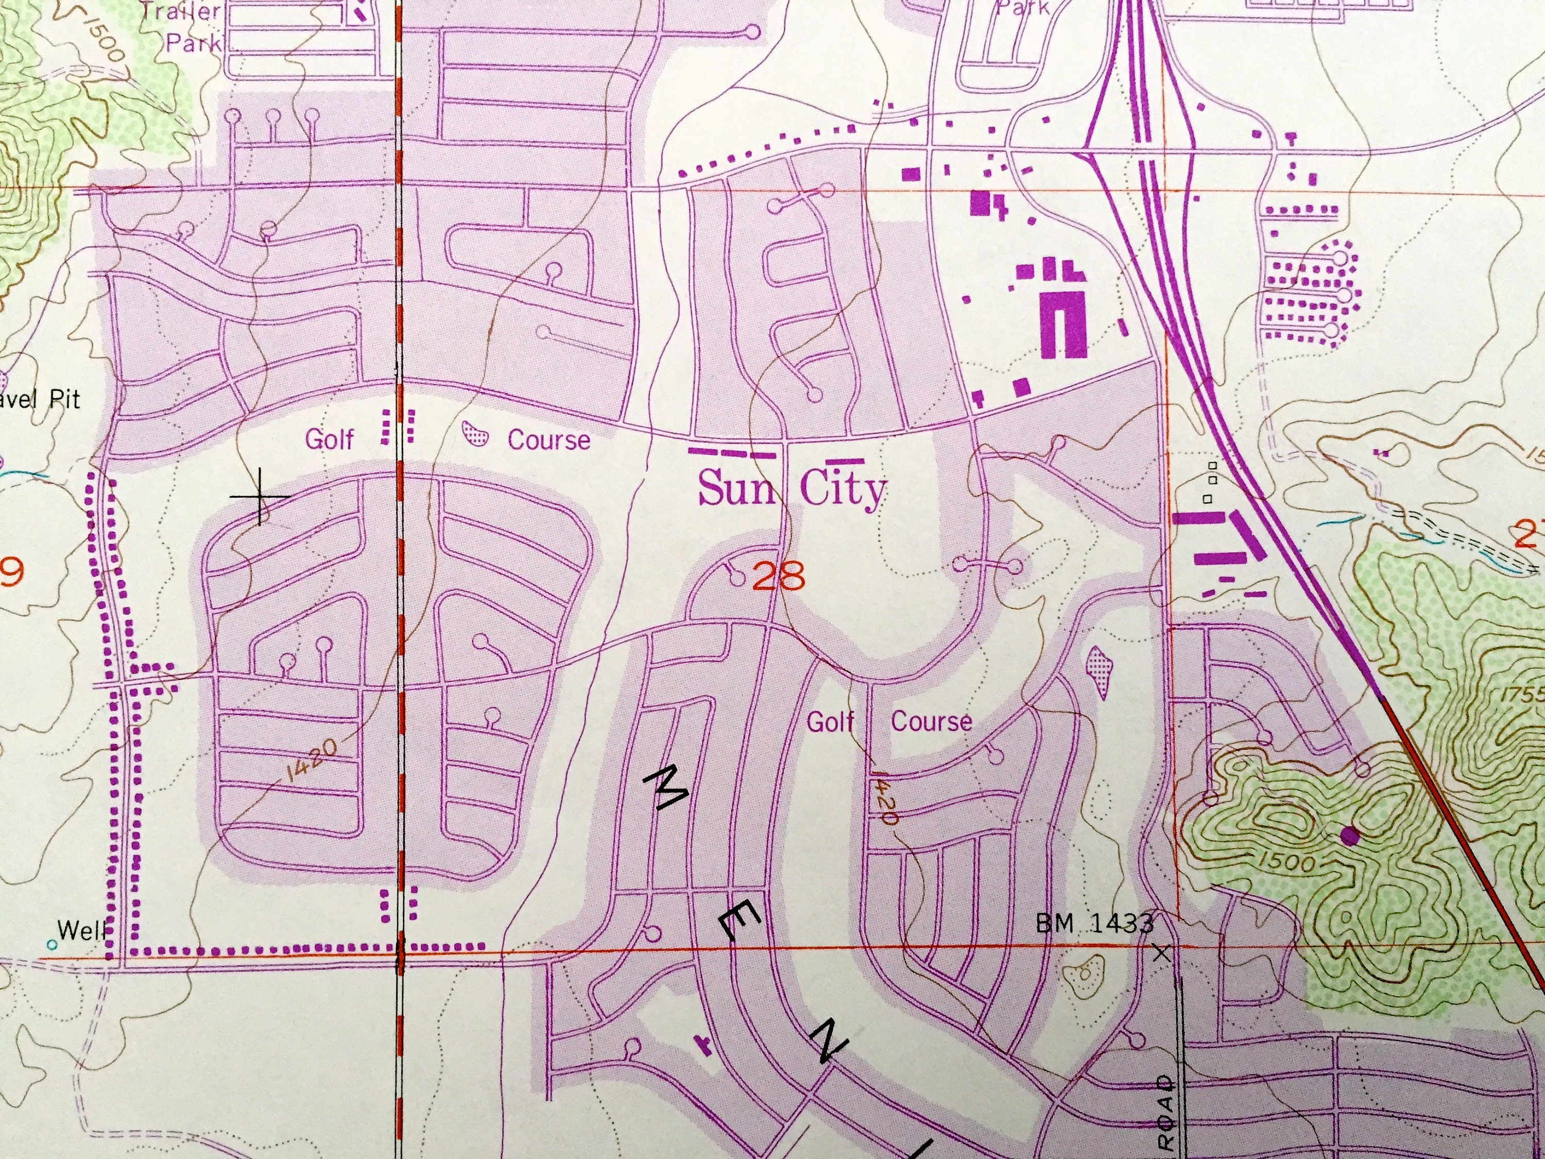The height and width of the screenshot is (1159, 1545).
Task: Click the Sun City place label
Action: (792, 488)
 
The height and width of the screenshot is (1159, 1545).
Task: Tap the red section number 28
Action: (780, 577)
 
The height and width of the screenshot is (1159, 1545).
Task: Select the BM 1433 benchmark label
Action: (1094, 924)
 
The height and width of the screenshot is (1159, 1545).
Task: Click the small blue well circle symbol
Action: (51, 945)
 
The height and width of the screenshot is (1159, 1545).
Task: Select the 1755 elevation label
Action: (1523, 696)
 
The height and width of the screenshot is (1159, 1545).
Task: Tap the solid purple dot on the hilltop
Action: (1350, 836)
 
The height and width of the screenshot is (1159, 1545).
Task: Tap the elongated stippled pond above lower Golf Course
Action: (1098, 671)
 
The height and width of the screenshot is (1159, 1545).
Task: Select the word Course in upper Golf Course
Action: (548, 440)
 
